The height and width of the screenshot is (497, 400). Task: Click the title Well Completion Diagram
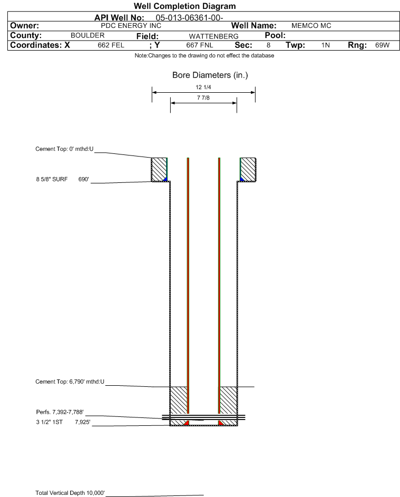pos(184,6)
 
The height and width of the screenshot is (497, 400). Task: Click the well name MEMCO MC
pos(311,26)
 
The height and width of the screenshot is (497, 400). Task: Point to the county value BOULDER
pos(87,36)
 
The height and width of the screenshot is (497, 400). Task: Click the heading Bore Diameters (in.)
pos(210,75)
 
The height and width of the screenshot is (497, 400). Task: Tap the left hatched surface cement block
pos(159,169)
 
